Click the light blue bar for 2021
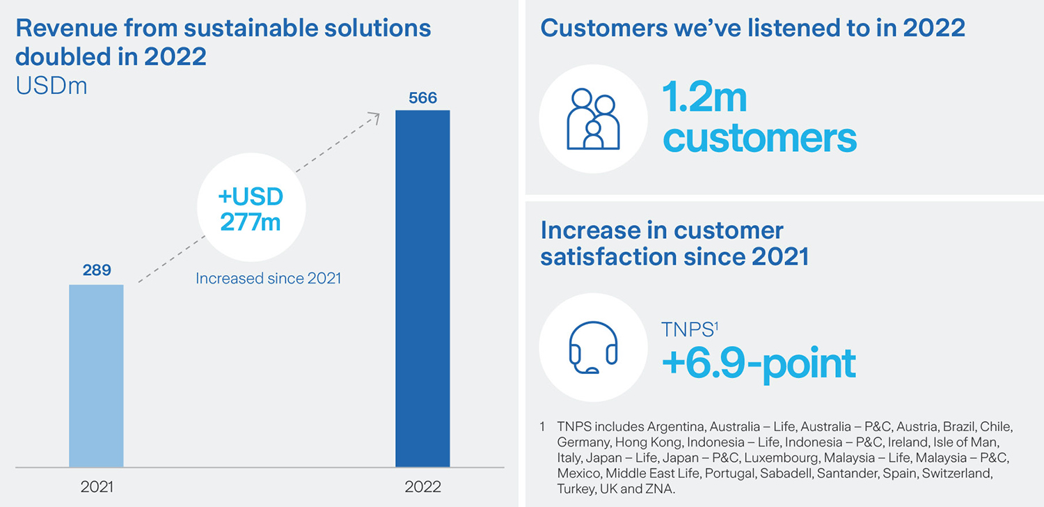[96, 375]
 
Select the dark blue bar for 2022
[422, 288]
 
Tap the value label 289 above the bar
[97, 270]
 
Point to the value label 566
[422, 97]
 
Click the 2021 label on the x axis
[97, 486]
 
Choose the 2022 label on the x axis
[422, 486]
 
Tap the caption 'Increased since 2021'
[268, 279]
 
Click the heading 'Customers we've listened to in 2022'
[752, 28]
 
